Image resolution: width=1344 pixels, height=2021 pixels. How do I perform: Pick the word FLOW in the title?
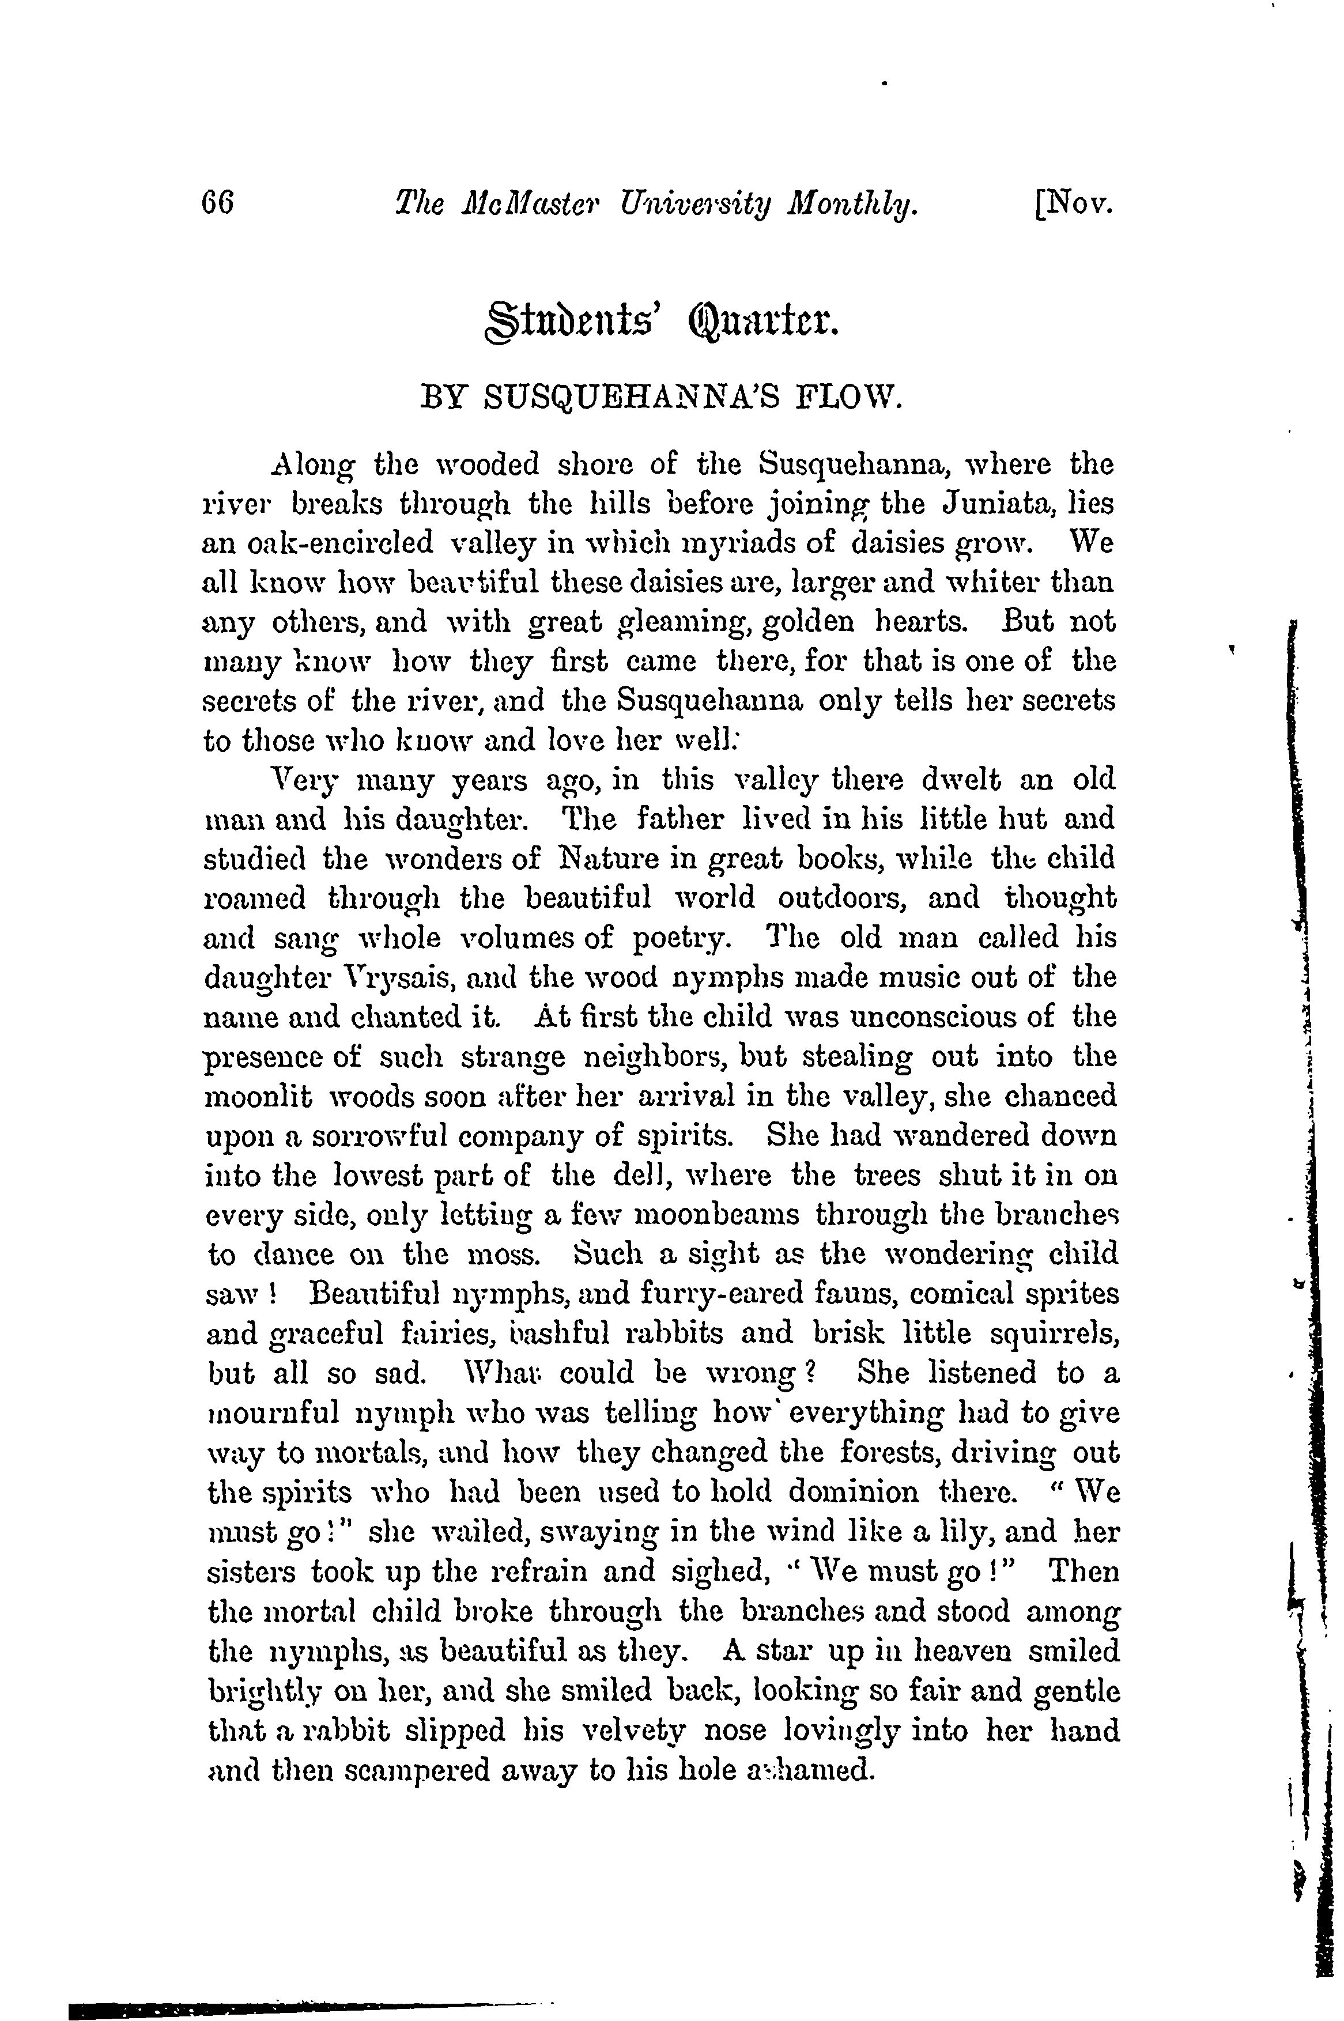pyautogui.click(x=848, y=399)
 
